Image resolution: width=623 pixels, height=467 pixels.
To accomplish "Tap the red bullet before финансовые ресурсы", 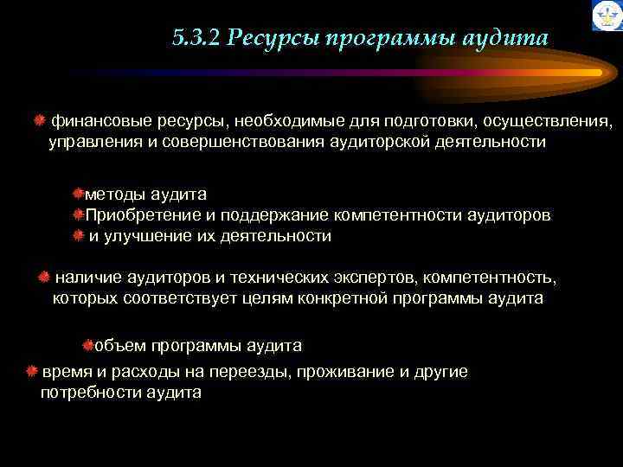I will point(40,120).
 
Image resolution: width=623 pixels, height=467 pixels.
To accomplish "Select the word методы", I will point(113,195).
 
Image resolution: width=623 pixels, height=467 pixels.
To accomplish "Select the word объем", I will point(120,346).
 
